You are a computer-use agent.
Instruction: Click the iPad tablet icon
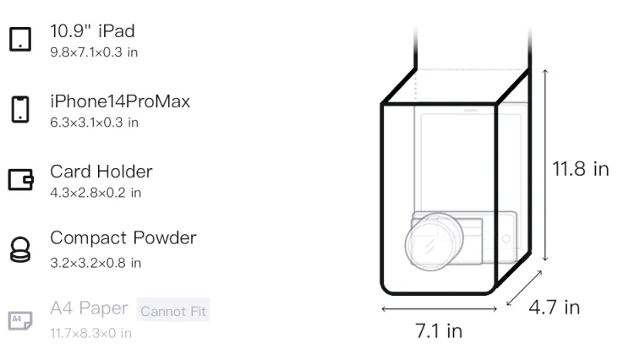[x=20, y=39]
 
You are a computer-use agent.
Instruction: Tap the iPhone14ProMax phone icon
[x=20, y=109]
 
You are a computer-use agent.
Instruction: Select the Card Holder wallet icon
[x=20, y=179]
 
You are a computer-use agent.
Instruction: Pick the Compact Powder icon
[x=20, y=249]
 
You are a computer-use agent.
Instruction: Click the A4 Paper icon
[x=20, y=320]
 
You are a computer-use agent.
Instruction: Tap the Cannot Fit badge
[x=173, y=310]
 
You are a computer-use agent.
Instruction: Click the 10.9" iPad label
[x=92, y=31]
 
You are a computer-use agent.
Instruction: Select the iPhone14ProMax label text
[x=120, y=101]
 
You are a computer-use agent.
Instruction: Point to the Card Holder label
[x=101, y=172]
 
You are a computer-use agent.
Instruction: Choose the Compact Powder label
[x=123, y=238]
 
